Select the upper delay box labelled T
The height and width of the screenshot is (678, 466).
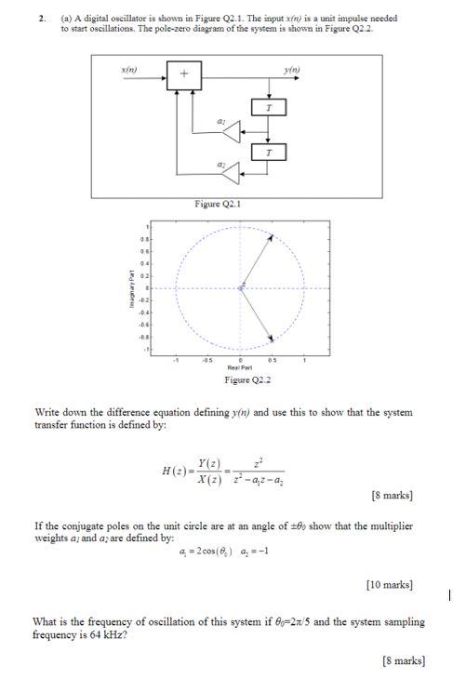click(269, 109)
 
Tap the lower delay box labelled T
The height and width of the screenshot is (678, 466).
click(269, 151)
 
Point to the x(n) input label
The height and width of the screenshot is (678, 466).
click(130, 69)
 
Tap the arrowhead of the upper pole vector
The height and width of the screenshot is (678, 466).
click(271, 237)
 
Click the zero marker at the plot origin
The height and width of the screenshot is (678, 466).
click(240, 288)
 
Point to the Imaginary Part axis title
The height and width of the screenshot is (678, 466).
click(131, 288)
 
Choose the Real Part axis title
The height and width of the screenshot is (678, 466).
click(240, 368)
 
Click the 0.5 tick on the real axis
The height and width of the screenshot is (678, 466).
click(272, 361)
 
